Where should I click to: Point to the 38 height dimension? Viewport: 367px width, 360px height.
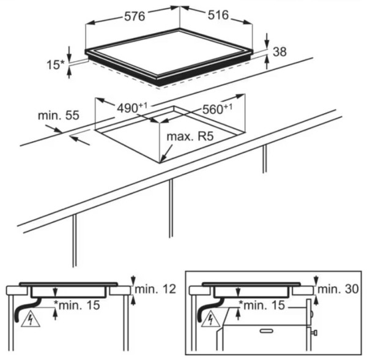(280, 52)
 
